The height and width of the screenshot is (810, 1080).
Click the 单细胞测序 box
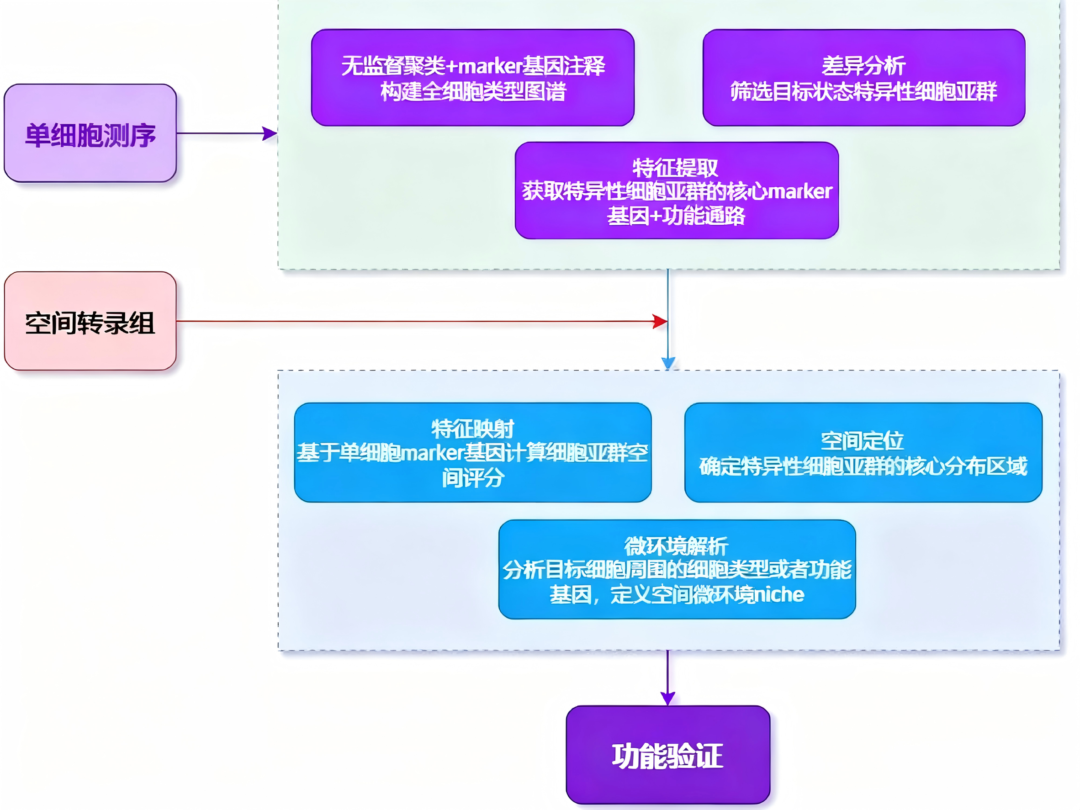[x=90, y=133]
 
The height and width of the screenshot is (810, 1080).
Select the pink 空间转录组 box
[x=90, y=321]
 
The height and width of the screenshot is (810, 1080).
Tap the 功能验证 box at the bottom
[x=667, y=755]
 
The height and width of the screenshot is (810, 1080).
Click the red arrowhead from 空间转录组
[x=661, y=321]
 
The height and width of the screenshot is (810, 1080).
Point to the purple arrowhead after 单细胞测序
[x=270, y=133]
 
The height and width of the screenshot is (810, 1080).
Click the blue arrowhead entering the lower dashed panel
[x=668, y=363]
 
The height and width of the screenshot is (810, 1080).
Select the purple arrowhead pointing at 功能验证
[x=667, y=698]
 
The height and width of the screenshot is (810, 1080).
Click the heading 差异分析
[x=863, y=66]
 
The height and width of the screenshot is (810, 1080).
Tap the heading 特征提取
[x=676, y=168]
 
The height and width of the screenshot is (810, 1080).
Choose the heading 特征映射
[x=473, y=429]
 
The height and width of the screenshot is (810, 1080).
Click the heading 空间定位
[x=862, y=441]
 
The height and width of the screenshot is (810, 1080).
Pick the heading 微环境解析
[x=676, y=546]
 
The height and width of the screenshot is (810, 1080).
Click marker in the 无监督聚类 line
[x=490, y=66]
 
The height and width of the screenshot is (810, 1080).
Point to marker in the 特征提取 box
[x=800, y=191]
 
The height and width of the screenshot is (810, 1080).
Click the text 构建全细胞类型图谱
[x=473, y=91]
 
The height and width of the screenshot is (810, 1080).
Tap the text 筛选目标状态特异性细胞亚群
[x=863, y=91]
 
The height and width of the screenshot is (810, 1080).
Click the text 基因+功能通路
[x=676, y=216]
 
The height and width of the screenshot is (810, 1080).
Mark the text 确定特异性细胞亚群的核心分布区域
[x=863, y=466]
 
